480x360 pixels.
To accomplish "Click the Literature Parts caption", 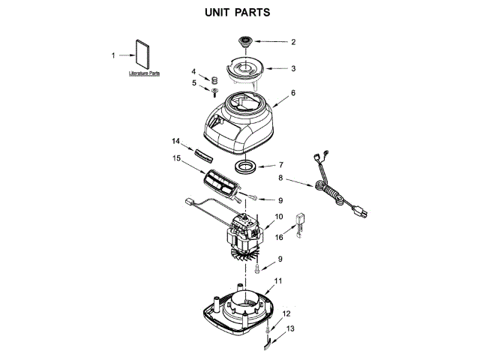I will pyautogui.click(x=144, y=73).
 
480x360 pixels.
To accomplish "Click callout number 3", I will pyautogui.click(x=293, y=67).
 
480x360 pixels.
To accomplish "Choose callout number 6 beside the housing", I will pyautogui.click(x=293, y=93).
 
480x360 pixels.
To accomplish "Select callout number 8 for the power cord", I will pyautogui.click(x=280, y=179).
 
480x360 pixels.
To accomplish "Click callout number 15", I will pyautogui.click(x=176, y=158).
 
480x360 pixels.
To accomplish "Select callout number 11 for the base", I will pyautogui.click(x=277, y=280).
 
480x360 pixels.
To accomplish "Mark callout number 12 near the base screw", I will pyautogui.click(x=285, y=314).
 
